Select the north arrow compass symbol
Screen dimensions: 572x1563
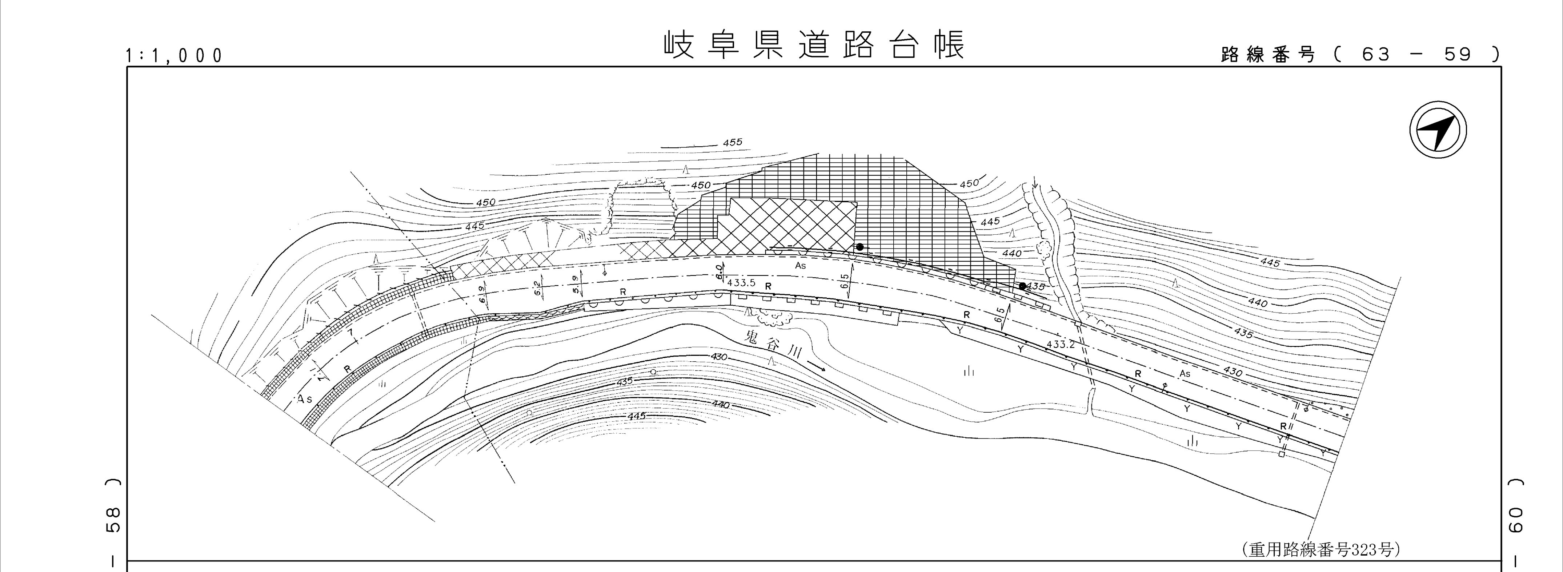[1438, 131]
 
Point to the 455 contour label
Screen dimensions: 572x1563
[732, 143]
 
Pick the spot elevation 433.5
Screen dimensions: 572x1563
[741, 283]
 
